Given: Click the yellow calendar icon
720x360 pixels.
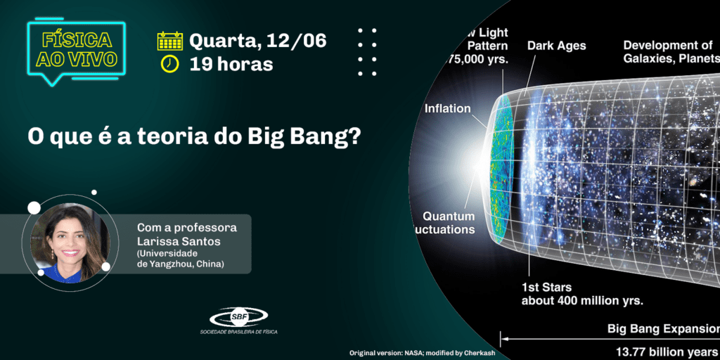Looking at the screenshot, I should (x=170, y=41).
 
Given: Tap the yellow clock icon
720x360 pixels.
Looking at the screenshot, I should (x=170, y=63).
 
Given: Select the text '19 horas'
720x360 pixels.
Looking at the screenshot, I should (x=231, y=64).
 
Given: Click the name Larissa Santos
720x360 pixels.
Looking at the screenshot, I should (x=179, y=241).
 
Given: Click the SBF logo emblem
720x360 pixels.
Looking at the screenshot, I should (x=238, y=317).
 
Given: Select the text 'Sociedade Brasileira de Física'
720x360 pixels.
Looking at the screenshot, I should (x=238, y=332).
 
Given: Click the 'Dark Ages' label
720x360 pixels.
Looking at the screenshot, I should (x=556, y=46).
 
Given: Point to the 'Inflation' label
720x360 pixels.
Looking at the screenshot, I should (x=447, y=108).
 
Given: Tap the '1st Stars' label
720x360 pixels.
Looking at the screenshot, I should (x=546, y=287).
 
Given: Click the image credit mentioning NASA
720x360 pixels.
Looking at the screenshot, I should (x=422, y=352).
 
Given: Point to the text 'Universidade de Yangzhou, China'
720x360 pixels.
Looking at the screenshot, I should (x=181, y=258).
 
